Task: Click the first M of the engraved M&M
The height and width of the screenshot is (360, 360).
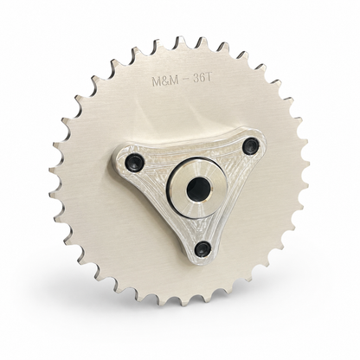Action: click(157, 81)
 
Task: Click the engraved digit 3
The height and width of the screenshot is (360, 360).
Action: click(196, 80)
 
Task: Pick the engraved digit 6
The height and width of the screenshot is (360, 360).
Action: click(203, 79)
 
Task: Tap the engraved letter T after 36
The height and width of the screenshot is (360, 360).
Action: click(209, 79)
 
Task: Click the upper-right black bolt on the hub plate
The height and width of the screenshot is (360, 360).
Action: click(250, 145)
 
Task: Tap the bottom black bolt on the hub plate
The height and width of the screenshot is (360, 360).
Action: click(202, 247)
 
